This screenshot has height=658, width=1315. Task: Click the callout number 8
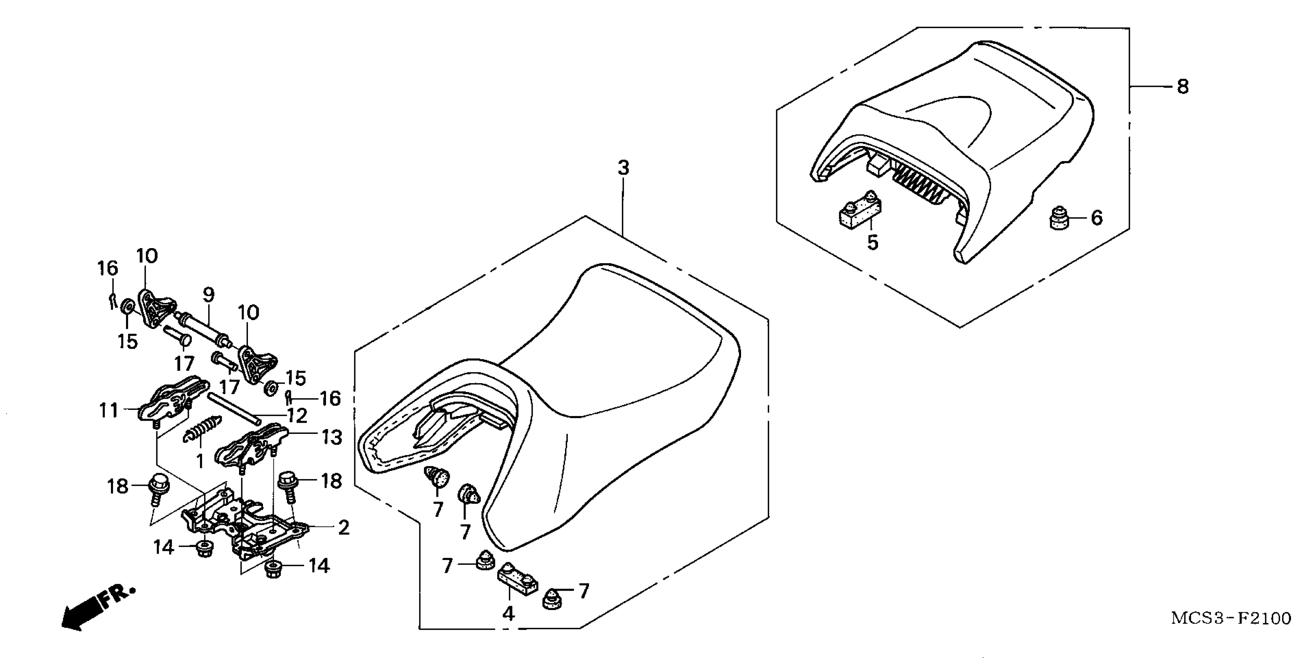tap(1182, 87)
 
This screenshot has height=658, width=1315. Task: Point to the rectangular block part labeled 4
tap(517, 580)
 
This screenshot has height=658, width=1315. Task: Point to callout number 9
tap(208, 295)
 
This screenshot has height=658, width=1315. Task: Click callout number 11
tap(109, 410)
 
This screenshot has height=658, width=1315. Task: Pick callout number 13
tap(332, 437)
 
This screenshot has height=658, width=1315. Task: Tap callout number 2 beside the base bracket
tap(343, 528)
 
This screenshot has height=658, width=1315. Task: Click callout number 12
tap(297, 415)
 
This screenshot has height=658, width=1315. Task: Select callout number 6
tap(1096, 218)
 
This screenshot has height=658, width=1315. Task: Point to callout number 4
tap(509, 613)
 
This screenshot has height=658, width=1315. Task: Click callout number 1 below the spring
tap(200, 461)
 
